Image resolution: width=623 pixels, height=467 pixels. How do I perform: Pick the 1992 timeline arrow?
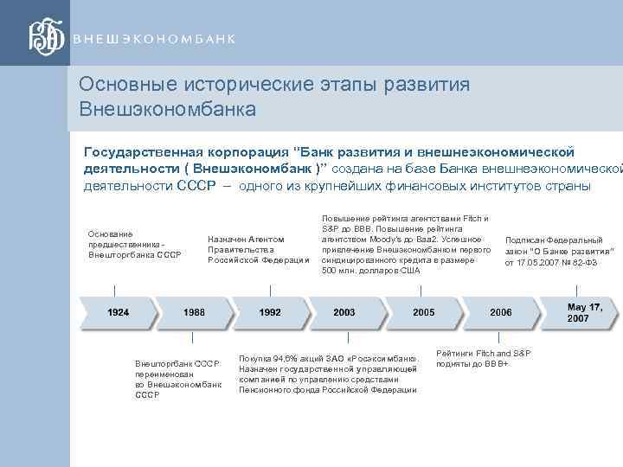[x=269, y=311]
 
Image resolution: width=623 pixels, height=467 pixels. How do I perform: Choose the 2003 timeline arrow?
[x=344, y=311]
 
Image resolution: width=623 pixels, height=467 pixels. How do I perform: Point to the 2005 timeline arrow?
[x=423, y=311]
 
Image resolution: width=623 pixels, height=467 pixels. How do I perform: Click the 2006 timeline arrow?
[x=500, y=311]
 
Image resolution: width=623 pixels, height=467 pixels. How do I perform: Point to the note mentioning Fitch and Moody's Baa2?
[x=406, y=244]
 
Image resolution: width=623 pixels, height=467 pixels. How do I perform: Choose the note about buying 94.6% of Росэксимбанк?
[x=328, y=374]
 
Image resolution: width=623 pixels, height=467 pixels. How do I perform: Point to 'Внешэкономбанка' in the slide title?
[x=167, y=110]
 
